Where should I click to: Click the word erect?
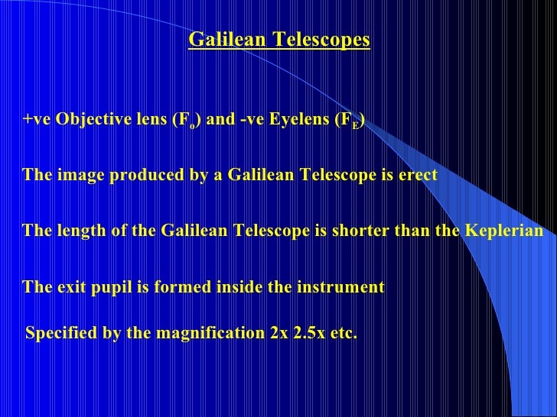click(x=418, y=175)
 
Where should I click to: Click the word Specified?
click(x=60, y=334)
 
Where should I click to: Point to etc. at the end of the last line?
click(x=345, y=334)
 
